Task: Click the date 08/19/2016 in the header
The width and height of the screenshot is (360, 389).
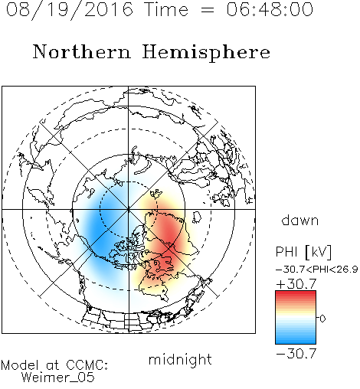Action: tap(70, 10)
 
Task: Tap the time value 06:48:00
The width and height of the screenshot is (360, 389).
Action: tap(270, 9)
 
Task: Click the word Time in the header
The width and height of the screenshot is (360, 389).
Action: tap(166, 9)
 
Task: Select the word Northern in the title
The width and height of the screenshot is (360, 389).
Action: tap(82, 51)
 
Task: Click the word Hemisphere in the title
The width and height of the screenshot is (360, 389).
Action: tap(206, 52)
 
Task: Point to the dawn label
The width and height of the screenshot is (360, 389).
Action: tap(300, 220)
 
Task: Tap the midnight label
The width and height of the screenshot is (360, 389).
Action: tap(180, 359)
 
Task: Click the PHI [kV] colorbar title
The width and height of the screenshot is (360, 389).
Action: tap(304, 252)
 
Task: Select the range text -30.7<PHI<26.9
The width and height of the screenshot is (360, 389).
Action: tap(317, 270)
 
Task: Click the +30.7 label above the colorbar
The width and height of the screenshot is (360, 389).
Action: tap(296, 284)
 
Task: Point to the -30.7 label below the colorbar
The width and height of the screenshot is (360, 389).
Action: tap(296, 354)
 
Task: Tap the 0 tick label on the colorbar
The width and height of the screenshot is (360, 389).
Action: tap(322, 319)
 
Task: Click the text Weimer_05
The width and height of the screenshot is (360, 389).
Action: tap(58, 378)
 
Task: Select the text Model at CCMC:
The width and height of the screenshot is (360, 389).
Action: tap(54, 365)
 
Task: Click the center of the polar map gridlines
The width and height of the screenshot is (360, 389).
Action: tap(129, 209)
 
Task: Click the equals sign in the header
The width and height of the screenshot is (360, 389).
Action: tap(208, 11)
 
